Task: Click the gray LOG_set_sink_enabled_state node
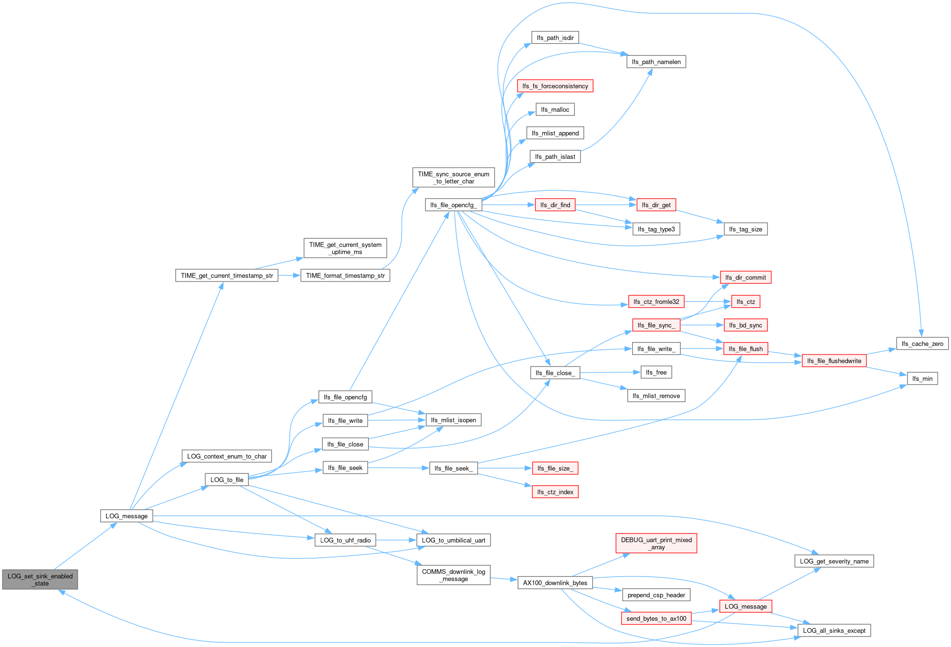(x=40, y=579)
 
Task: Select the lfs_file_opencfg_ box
(x=454, y=205)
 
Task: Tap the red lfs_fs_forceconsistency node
(x=555, y=86)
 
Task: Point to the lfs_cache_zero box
(x=922, y=344)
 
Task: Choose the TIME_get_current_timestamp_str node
(x=227, y=275)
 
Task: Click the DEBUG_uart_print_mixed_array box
(x=656, y=543)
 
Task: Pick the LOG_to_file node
(x=227, y=480)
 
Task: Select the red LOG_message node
(x=746, y=606)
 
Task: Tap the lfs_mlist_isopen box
(x=454, y=420)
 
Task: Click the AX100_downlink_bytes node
(x=555, y=583)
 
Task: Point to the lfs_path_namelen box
(x=656, y=62)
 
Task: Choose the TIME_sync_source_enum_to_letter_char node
(x=454, y=177)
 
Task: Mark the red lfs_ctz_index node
(x=555, y=492)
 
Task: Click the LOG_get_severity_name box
(x=834, y=561)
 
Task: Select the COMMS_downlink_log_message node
(x=454, y=575)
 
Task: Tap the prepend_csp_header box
(x=656, y=595)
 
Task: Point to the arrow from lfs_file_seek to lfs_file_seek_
(x=399, y=468)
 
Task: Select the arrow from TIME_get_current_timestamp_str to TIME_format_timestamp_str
(x=289, y=275)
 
